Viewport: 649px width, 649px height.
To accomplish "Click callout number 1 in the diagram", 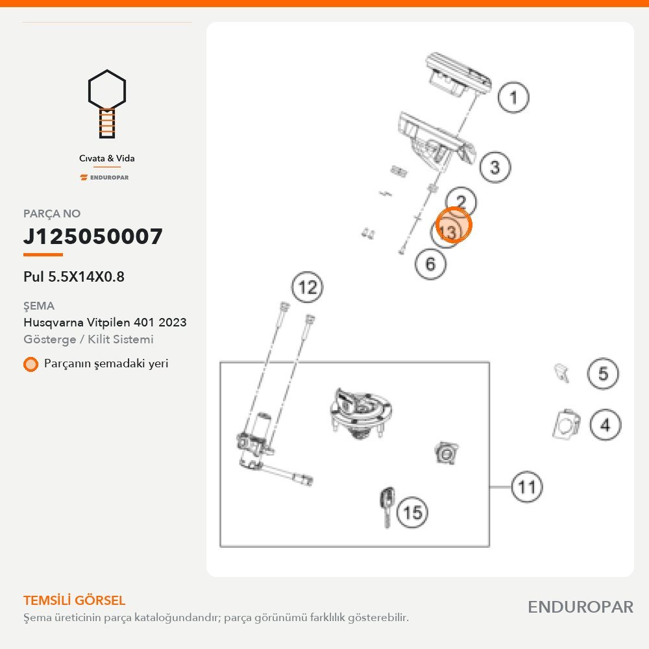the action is tap(513, 97).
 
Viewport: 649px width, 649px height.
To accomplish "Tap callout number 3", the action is tap(495, 167).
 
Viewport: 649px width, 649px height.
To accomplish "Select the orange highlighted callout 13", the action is tap(454, 225).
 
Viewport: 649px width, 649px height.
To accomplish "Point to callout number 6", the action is tap(430, 263).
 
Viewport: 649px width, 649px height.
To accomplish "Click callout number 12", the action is tap(307, 287).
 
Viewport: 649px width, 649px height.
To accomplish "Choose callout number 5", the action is tap(603, 373).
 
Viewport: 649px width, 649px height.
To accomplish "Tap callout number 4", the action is tap(605, 424).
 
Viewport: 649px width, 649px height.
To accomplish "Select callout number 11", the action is tap(527, 487).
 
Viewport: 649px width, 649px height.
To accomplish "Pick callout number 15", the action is tap(412, 512).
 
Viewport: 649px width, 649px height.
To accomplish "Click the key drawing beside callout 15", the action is tap(387, 508).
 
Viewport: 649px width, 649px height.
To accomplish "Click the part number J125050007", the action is tap(93, 236).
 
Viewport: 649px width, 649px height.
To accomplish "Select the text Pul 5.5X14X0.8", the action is tap(74, 276).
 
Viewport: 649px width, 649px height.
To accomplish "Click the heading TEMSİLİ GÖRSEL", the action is tap(74, 600).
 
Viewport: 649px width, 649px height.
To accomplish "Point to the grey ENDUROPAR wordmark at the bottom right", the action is tap(580, 607).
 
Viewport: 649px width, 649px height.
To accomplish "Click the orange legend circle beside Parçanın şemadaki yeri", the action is tap(31, 364).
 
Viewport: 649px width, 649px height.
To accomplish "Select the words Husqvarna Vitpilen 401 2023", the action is tap(104, 322).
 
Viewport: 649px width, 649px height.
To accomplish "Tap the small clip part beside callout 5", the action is tap(561, 373).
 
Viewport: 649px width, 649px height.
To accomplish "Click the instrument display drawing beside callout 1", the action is tap(459, 75).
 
